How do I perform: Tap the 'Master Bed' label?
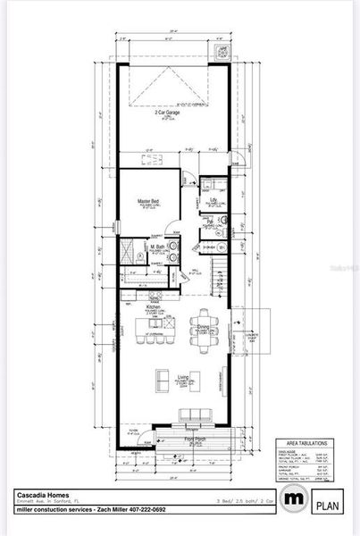point(148,201)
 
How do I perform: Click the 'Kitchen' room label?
point(154,307)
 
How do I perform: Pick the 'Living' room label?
point(182,377)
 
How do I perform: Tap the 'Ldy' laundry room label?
point(213,199)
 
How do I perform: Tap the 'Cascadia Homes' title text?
point(38,493)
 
